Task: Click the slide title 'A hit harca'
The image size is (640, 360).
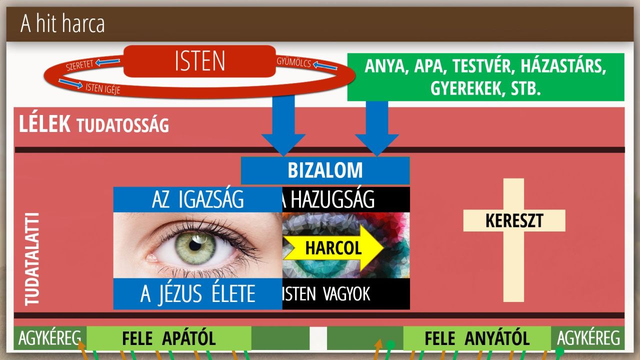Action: tap(62, 23)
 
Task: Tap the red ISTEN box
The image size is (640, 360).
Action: tap(199, 61)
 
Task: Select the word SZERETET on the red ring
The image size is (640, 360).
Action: tap(79, 65)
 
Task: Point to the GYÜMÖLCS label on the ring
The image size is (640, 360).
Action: tap(293, 62)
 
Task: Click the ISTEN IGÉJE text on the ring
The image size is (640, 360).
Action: tap(103, 88)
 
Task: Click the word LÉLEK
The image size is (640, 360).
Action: tap(44, 124)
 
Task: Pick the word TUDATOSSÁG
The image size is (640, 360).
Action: tap(123, 125)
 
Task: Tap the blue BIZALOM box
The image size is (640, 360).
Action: tap(325, 170)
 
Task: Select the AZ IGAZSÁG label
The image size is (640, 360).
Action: tap(197, 199)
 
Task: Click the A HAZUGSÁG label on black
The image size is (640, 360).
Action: tap(328, 199)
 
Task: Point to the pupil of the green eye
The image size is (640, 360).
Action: tap(195, 245)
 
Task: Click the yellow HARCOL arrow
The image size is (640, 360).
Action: tap(333, 247)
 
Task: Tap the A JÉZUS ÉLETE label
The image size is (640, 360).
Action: tap(197, 294)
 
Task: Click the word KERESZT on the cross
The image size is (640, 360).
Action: tap(514, 220)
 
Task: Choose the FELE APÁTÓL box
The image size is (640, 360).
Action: tap(169, 338)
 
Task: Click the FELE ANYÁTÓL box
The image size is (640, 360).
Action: tap(477, 338)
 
